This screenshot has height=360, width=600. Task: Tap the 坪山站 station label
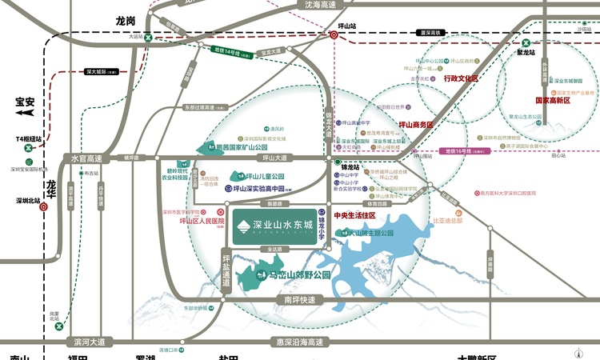coord(346,25)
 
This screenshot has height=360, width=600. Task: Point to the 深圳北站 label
coord(26,201)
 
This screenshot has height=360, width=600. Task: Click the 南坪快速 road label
coord(299,300)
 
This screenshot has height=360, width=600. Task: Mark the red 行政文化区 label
coord(460,79)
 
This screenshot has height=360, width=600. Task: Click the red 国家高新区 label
coord(556,102)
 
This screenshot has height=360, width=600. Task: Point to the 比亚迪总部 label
coord(447,221)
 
